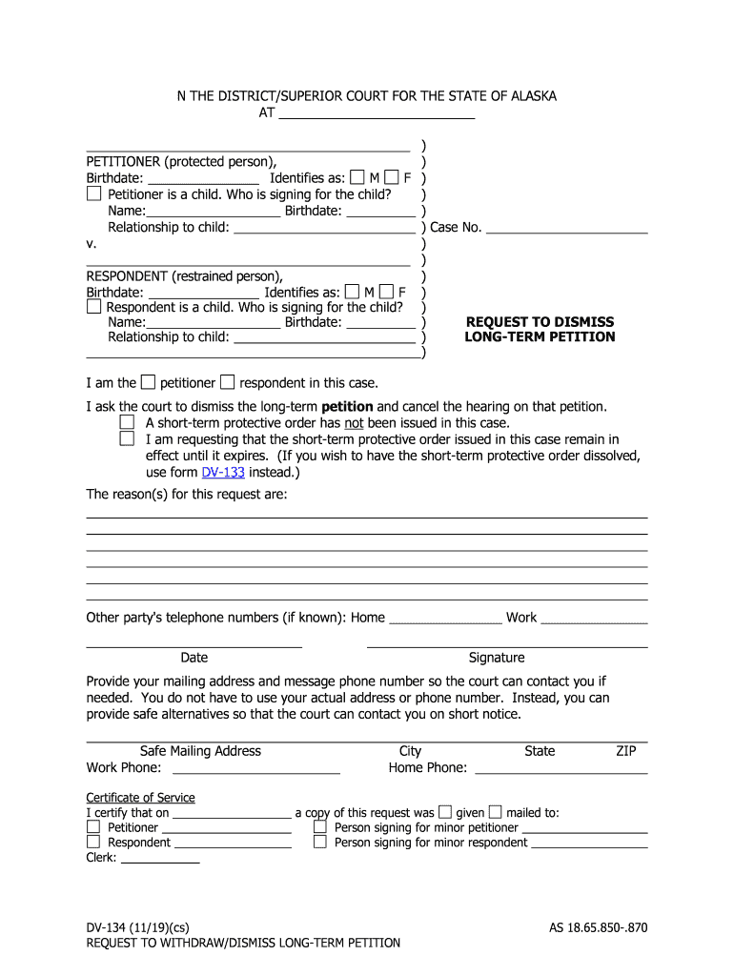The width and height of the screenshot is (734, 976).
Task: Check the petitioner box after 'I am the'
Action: (148, 382)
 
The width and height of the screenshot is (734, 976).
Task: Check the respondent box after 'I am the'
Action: (227, 382)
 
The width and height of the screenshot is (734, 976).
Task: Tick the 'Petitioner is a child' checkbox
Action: (93, 193)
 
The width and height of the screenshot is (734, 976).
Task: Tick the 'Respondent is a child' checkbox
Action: (93, 307)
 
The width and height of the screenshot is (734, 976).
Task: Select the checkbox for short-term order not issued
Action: (127, 421)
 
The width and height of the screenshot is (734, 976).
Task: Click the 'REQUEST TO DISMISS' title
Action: (540, 322)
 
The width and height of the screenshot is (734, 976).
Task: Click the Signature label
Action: (497, 658)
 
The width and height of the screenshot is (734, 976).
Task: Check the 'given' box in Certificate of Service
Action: (445, 812)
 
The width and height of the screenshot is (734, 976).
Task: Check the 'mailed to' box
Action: (495, 812)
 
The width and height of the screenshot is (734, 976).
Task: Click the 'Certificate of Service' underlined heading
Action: (140, 798)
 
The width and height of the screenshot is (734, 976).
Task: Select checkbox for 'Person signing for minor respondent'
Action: (320, 842)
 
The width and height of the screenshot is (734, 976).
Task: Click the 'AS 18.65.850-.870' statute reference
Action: (598, 926)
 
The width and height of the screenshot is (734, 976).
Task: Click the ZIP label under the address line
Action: (625, 751)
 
